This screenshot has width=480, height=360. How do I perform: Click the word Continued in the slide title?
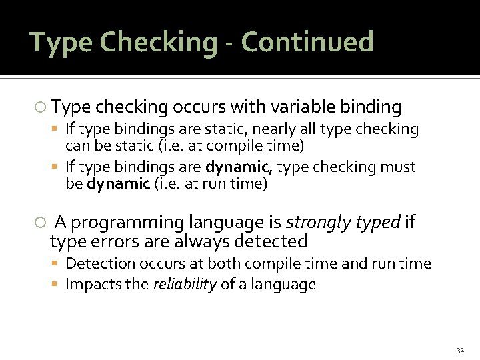point(307,42)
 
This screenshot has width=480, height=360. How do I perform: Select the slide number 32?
point(459,350)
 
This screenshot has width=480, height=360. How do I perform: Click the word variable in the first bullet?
point(303,107)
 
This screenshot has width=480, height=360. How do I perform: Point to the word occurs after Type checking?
point(197,107)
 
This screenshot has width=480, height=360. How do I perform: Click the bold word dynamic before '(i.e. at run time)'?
point(117,184)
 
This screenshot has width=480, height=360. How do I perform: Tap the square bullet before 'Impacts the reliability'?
point(57,285)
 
